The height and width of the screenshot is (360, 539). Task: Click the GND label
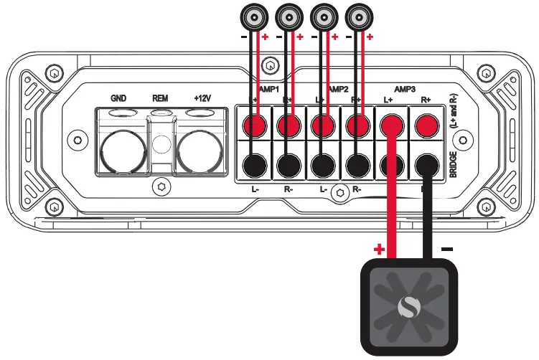pos(119,98)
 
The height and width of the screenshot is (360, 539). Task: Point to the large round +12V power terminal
pos(197,149)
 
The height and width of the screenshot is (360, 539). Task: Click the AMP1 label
pos(270,89)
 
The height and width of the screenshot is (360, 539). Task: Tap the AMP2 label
pos(337,89)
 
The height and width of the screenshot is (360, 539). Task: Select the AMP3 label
pos(405,89)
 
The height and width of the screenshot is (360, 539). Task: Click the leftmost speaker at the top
pos(255,15)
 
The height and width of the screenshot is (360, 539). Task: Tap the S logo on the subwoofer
pos(407,308)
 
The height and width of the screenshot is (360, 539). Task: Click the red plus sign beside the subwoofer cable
pos(379,250)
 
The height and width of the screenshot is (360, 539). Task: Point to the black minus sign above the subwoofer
pos(447,248)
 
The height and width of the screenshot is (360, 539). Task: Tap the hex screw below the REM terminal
pos(161,186)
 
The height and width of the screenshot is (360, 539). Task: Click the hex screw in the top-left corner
pos(54,74)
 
